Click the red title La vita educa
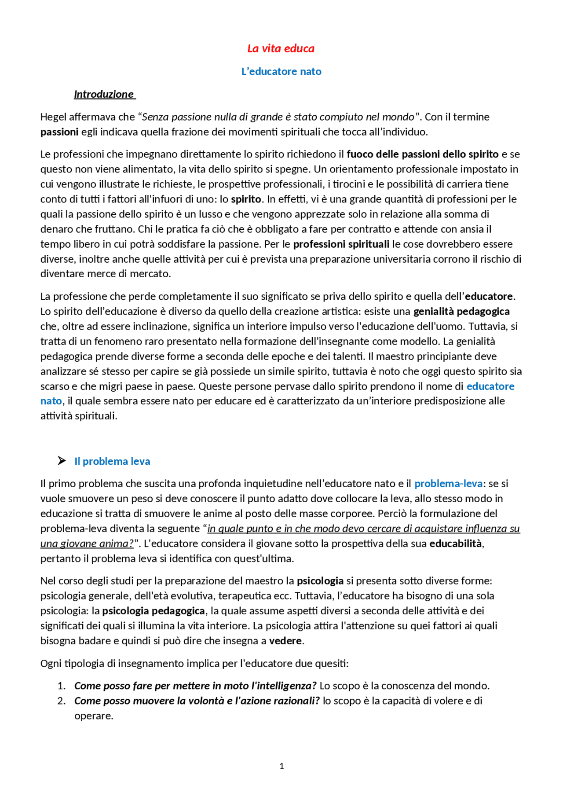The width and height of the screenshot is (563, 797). point(281,48)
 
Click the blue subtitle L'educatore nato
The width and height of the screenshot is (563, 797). point(281,71)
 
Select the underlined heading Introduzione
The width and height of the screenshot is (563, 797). point(104,94)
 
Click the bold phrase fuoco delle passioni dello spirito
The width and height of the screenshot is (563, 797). point(422,154)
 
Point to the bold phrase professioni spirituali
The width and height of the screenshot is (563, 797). point(341,244)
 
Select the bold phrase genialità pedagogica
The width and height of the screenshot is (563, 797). point(461,312)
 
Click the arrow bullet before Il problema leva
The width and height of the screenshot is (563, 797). point(62,461)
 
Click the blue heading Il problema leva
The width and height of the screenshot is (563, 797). point(112,461)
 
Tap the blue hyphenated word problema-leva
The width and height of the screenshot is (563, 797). point(448,484)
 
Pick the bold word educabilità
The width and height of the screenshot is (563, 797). point(456,544)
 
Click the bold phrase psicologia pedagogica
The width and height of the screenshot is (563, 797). point(154,611)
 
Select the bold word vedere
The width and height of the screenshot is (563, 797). point(285,641)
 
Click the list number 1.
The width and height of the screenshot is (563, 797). point(61,686)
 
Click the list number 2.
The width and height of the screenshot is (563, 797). point(61,701)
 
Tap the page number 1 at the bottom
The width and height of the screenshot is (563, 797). point(281,766)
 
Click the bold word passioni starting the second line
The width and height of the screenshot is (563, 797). point(59,132)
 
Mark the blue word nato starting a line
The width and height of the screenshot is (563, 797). point(51,401)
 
